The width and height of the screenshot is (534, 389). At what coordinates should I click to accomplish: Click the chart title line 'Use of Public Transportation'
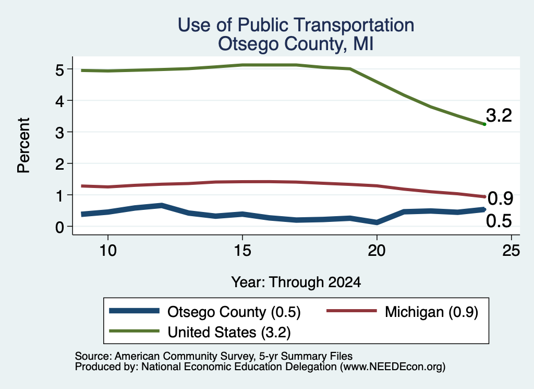coord(296,25)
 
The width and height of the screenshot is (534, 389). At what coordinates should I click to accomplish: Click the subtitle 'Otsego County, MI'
coord(296,44)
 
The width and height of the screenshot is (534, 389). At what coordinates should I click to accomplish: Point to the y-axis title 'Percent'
coord(23,146)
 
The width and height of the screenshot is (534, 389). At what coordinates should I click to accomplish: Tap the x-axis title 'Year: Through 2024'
coord(296,282)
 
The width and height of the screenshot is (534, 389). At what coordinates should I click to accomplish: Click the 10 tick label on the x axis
coord(108,251)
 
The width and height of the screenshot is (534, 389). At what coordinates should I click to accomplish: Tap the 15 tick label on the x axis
coord(242,251)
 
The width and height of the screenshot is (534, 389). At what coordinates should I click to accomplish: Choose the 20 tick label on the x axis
coord(377,251)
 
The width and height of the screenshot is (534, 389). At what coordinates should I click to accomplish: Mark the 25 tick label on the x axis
coord(511,251)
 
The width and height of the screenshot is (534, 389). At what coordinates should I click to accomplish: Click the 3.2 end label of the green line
coord(499,115)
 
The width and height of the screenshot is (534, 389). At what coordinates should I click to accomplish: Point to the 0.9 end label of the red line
coord(500,198)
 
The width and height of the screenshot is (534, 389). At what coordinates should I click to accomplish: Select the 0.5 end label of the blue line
coord(499,221)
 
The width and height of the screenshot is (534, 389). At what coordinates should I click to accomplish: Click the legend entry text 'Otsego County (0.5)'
coord(234,312)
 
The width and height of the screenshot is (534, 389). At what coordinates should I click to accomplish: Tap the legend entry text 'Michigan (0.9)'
coord(431,312)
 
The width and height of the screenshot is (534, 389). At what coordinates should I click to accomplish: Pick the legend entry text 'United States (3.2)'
coord(229,333)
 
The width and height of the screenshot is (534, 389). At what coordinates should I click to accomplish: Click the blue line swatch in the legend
coord(134,311)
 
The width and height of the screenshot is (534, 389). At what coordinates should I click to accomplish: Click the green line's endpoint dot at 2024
coord(484,124)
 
